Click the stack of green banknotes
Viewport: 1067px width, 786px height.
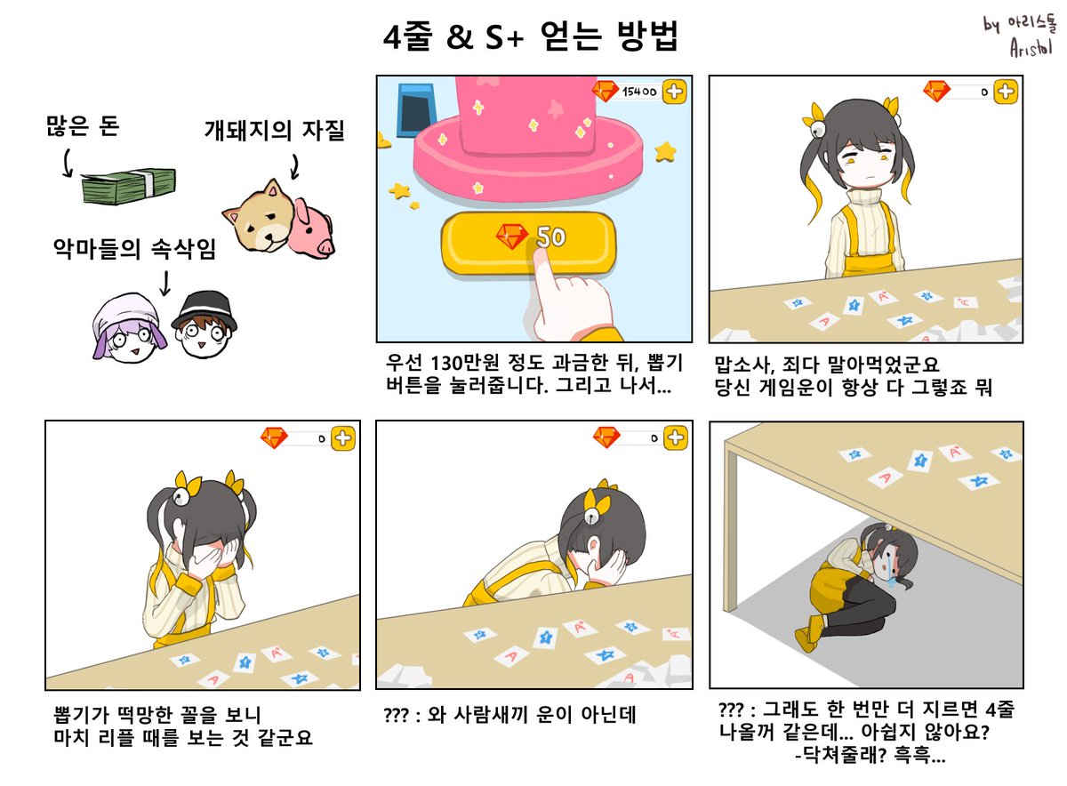coord(129,184)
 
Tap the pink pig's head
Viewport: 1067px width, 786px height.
coord(310,228)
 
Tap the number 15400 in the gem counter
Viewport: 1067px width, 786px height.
coord(638,91)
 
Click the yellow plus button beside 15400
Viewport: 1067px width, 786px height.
coord(674,91)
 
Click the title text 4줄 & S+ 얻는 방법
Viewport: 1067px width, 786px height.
coord(529,37)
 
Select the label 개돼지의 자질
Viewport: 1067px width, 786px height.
coord(274,131)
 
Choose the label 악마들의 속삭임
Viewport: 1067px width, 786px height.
coord(134,251)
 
